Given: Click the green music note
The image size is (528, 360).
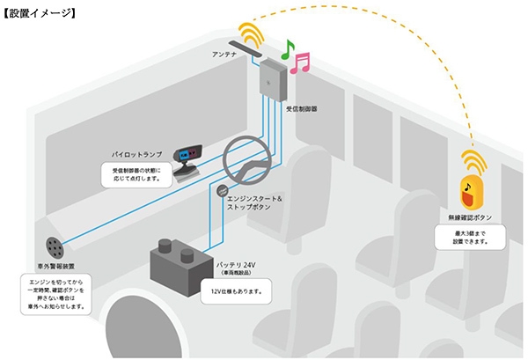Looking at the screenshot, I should pyautogui.click(x=288, y=50).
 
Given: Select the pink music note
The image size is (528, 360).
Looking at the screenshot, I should pyautogui.click(x=302, y=62).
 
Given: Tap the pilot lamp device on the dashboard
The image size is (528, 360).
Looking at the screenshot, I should pyautogui.click(x=187, y=159).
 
